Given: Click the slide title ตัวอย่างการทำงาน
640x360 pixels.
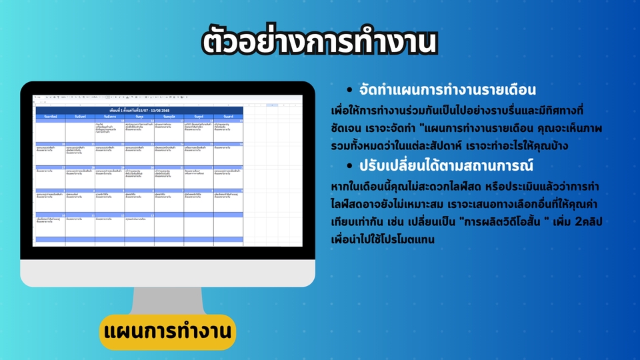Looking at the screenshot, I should [320, 42].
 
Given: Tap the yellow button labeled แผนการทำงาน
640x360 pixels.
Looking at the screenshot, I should [167, 331].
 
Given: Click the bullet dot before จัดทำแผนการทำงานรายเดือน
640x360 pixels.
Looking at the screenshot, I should [351, 89].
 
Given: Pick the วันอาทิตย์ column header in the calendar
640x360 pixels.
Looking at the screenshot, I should [51, 116].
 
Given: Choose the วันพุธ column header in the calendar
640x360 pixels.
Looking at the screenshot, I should [139, 116].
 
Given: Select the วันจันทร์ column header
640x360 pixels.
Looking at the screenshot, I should [80, 116].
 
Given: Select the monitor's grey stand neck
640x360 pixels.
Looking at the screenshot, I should [167, 293].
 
